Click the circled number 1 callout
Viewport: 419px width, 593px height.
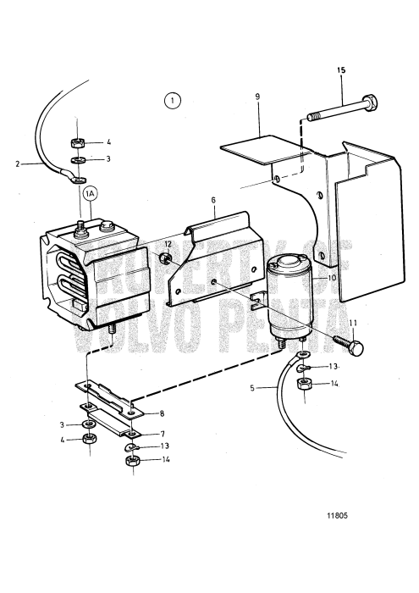click(172, 101)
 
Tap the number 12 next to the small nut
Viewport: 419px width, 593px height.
click(168, 244)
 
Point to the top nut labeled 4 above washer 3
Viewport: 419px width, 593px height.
click(78, 142)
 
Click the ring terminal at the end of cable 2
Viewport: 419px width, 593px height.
click(78, 179)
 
